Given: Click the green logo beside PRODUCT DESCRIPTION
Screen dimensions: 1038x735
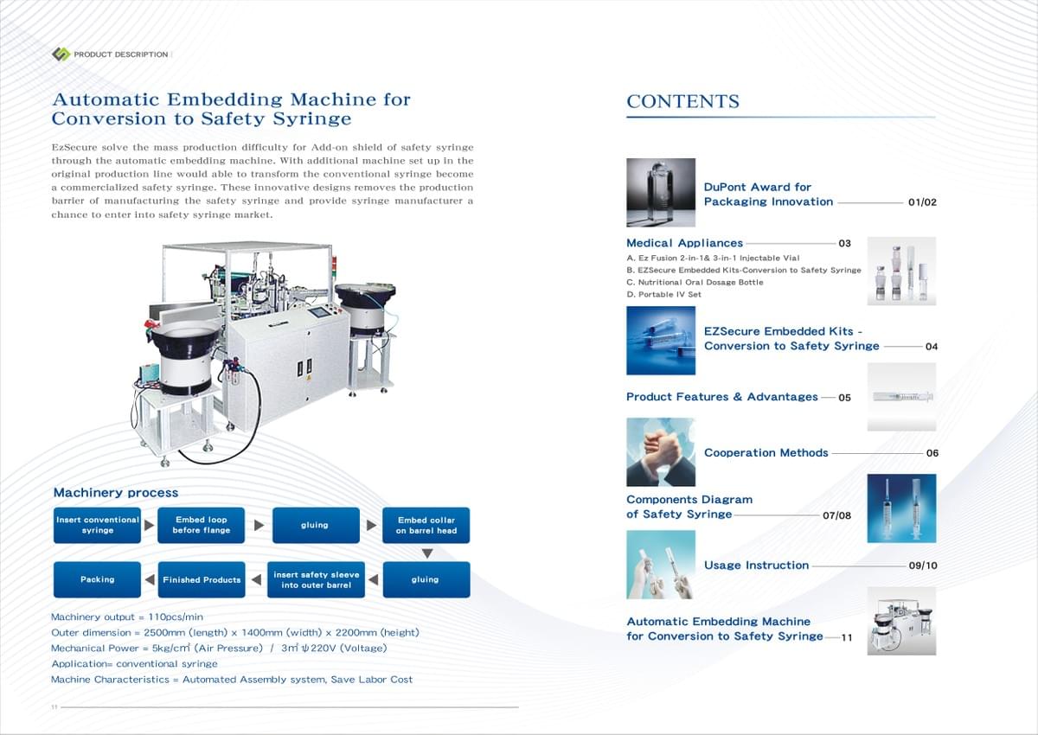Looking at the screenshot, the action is pos(61,54).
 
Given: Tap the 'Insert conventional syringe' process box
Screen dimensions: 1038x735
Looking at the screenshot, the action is pos(97,525).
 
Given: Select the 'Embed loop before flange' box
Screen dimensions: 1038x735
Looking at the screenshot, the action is pos(201,525).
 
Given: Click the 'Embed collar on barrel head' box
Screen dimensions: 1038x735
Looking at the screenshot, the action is pos(426,525).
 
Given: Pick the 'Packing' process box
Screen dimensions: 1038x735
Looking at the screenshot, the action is pos(97,579).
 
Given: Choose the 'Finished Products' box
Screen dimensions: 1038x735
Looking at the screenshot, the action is pos(202,579).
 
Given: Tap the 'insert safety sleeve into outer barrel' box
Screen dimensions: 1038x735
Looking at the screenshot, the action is pos(316,579).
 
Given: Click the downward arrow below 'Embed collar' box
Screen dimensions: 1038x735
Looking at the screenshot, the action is pos(427,553).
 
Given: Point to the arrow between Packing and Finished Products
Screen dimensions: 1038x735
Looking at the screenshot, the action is pos(150,579).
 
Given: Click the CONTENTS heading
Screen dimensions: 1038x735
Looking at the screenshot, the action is pos(682,101).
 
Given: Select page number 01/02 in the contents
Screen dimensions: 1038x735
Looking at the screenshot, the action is pos(922,202).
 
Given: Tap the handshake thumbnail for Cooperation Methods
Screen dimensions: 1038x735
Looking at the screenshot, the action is pos(661,452).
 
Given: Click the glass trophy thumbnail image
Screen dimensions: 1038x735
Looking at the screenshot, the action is pos(661,193).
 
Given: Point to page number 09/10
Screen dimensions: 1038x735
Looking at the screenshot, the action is pos(923,566).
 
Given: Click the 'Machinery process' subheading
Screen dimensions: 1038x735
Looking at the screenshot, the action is pos(116,492).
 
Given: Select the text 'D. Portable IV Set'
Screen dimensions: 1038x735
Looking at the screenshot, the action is pos(663,294).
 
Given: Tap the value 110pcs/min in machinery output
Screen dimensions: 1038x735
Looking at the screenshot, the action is pos(176,617).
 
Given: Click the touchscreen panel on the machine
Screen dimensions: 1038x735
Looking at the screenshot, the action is pos(319,311).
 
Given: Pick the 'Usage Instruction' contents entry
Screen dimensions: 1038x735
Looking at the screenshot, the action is pos(756,565).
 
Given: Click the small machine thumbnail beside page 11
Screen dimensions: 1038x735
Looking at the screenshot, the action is pos(901,621).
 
